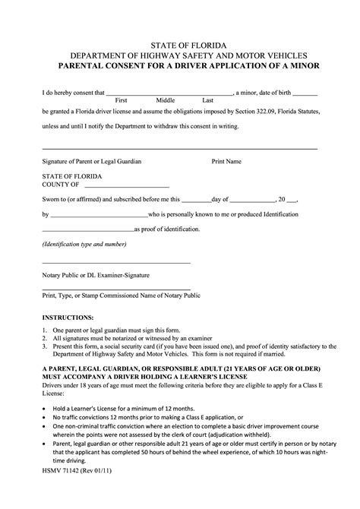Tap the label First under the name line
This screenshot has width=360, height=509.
pos(120,100)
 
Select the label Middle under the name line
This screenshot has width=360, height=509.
pos(165,100)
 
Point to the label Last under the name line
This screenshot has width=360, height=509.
pos(207,100)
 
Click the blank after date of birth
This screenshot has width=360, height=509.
pos(305,93)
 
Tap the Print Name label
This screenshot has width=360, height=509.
pos(226,162)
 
